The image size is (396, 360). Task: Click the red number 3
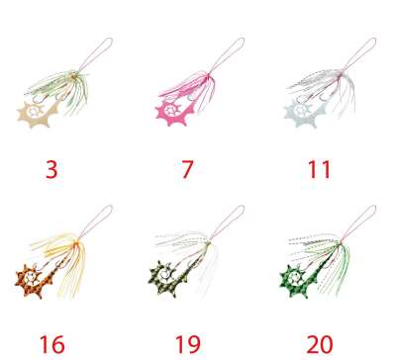(x=51, y=170)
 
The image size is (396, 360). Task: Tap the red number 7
(x=187, y=170)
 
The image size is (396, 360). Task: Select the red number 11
(x=319, y=170)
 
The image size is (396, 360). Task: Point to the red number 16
(x=52, y=344)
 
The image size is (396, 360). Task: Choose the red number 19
(x=187, y=344)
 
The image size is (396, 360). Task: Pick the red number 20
(x=320, y=344)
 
